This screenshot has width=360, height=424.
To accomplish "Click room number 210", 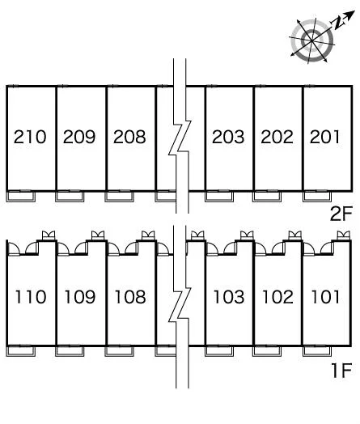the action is tap(30, 137).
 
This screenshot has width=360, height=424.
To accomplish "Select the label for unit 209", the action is tap(79, 137).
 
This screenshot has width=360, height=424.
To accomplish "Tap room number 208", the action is tap(129, 137).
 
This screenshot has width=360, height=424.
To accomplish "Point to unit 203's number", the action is tap(228, 137).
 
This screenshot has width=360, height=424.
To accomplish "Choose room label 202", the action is tap(277, 137).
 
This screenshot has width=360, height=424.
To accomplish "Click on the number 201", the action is tap(324, 137).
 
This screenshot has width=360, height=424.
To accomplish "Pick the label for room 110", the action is tap(30, 297).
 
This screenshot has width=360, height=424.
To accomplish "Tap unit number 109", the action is tap(80, 297).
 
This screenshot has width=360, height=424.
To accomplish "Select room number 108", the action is tap(130, 297).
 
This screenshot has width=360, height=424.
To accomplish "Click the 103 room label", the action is tap(229, 297).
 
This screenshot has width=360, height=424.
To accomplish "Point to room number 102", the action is tap(277, 297).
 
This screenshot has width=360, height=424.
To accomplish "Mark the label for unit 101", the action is tap(325, 297).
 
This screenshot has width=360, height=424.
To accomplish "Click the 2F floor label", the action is tap(341, 214).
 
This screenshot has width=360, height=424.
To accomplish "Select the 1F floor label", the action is tap(342, 370).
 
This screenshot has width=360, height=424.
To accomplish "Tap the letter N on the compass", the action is tap(337, 23).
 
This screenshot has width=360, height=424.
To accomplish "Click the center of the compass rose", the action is tap(312, 40).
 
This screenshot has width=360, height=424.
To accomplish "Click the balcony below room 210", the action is tap(21, 200).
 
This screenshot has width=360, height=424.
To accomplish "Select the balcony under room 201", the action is tap(317, 200).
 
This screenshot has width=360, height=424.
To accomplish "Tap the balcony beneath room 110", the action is tap(21, 354).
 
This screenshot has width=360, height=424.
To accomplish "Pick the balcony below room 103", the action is tap(219, 354).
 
